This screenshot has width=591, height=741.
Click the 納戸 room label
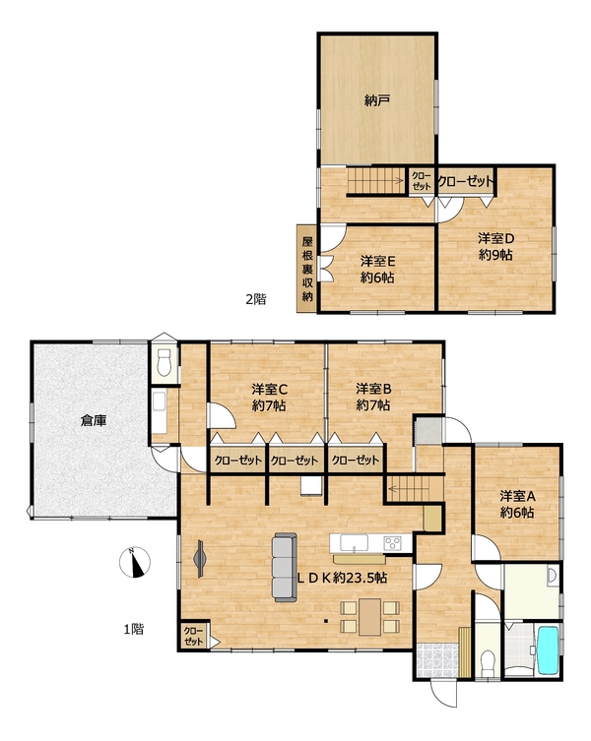point(377,100)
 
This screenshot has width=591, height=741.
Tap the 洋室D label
point(495,238)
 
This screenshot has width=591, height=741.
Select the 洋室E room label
point(377,261)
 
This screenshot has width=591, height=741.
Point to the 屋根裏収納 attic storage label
point(307,269)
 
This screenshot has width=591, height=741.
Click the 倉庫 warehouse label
point(94,420)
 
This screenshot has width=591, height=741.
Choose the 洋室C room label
point(269,389)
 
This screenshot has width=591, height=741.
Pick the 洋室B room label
point(373,389)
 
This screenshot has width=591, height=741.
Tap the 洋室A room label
point(517,496)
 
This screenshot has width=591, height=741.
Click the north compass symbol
point(135,562)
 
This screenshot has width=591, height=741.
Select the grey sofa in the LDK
point(285,567)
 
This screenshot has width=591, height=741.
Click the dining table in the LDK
point(369,617)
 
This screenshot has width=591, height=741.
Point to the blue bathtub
point(549,649)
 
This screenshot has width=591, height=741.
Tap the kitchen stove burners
point(392,542)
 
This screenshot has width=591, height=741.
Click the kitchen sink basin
point(354,542)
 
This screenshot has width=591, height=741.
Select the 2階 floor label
point(255,299)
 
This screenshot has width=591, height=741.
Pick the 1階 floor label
point(134,629)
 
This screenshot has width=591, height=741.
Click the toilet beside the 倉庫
point(164,362)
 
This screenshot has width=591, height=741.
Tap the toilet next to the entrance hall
point(487,659)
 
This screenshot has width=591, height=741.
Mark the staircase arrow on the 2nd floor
point(375,179)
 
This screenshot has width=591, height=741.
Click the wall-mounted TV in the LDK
point(200,558)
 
